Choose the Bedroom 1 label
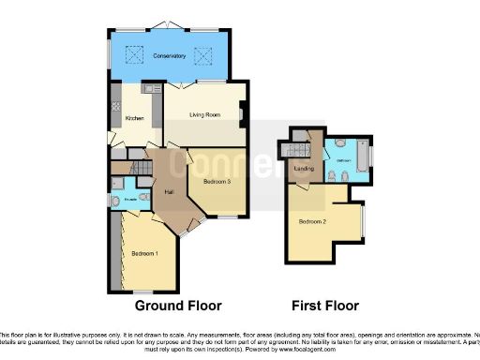coord(144,253)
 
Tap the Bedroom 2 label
coord(312,222)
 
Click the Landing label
coord(303,169)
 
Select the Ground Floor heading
coord(178,307)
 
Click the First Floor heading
coord(324,307)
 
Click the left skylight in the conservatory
coord(133,53)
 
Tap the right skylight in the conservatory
coord(203,53)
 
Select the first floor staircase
coord(298,150)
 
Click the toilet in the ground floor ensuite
coord(115,201)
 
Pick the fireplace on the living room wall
coord(242,116)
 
